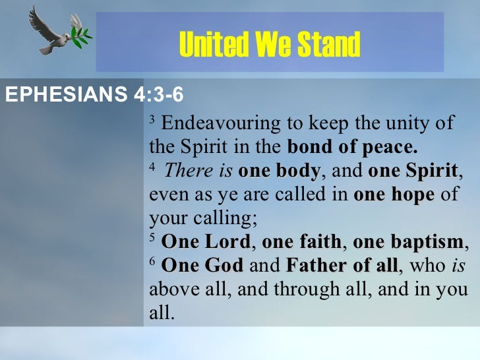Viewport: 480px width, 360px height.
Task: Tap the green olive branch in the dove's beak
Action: (x=80, y=30)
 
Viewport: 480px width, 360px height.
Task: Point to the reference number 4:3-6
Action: (x=159, y=95)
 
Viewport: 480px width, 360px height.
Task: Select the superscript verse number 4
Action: (x=152, y=168)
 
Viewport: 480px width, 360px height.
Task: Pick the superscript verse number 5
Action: (x=152, y=239)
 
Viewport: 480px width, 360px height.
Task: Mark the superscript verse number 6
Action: (x=152, y=263)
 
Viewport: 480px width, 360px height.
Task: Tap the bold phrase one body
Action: (x=279, y=171)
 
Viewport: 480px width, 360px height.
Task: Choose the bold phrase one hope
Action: (x=394, y=195)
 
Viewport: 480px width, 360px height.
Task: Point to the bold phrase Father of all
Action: (x=342, y=266)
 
